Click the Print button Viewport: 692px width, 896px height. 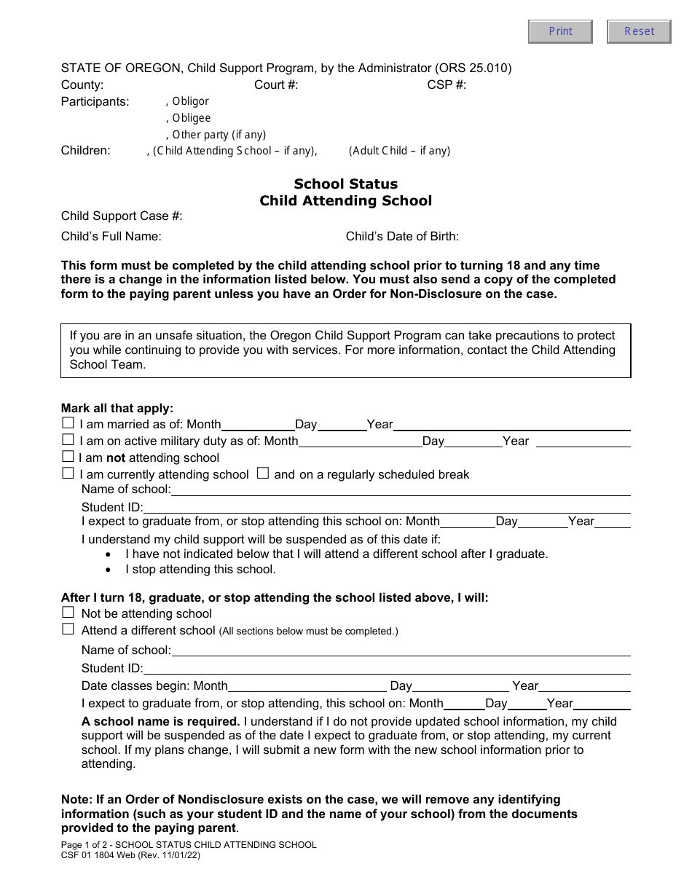[x=560, y=31]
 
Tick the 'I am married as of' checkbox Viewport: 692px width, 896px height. [x=68, y=423]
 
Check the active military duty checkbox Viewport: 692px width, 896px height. [x=68, y=440]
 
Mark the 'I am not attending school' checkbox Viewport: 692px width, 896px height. [x=68, y=457]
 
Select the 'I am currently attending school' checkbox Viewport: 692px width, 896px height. [x=68, y=473]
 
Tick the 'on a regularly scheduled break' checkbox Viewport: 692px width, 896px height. [x=263, y=473]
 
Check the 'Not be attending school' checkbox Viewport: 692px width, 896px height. [x=68, y=613]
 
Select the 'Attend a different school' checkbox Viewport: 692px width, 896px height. [x=68, y=629]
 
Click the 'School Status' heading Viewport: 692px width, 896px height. [x=345, y=184]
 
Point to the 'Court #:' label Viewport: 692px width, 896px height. [x=276, y=85]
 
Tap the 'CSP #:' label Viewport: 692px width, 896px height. [x=447, y=85]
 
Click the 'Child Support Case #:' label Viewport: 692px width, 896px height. [x=122, y=216]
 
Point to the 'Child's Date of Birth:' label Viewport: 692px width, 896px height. [x=402, y=236]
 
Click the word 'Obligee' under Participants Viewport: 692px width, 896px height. [x=191, y=118]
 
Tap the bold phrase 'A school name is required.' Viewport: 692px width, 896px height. [x=160, y=721]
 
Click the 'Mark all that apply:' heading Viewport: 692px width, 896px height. [x=117, y=409]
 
